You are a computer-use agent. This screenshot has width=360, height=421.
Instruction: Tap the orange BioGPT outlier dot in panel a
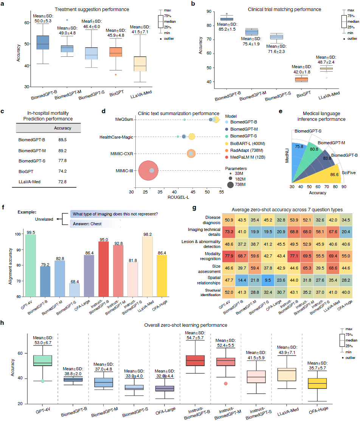[116, 74]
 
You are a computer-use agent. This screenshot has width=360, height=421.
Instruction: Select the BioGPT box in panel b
[301, 79]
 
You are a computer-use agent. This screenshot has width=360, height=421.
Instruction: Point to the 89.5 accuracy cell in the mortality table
[63, 140]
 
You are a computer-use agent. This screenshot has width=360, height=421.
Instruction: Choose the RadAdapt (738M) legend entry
[246, 149]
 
